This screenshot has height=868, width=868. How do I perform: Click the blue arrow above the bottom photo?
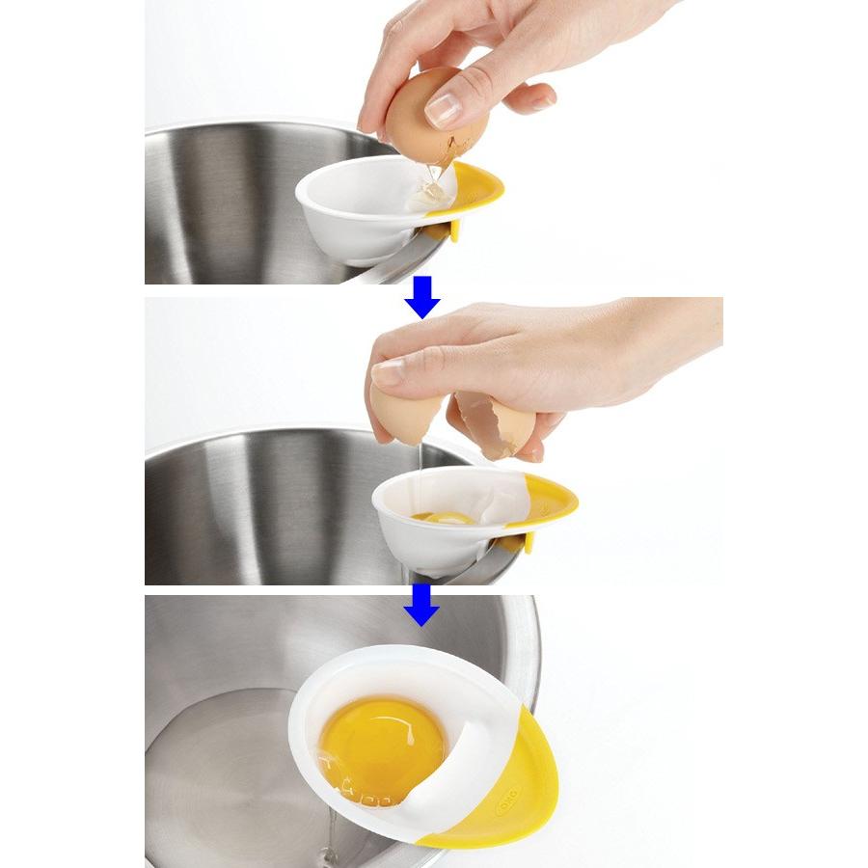pos(421,605)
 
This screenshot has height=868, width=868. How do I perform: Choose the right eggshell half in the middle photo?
pos(494,424)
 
